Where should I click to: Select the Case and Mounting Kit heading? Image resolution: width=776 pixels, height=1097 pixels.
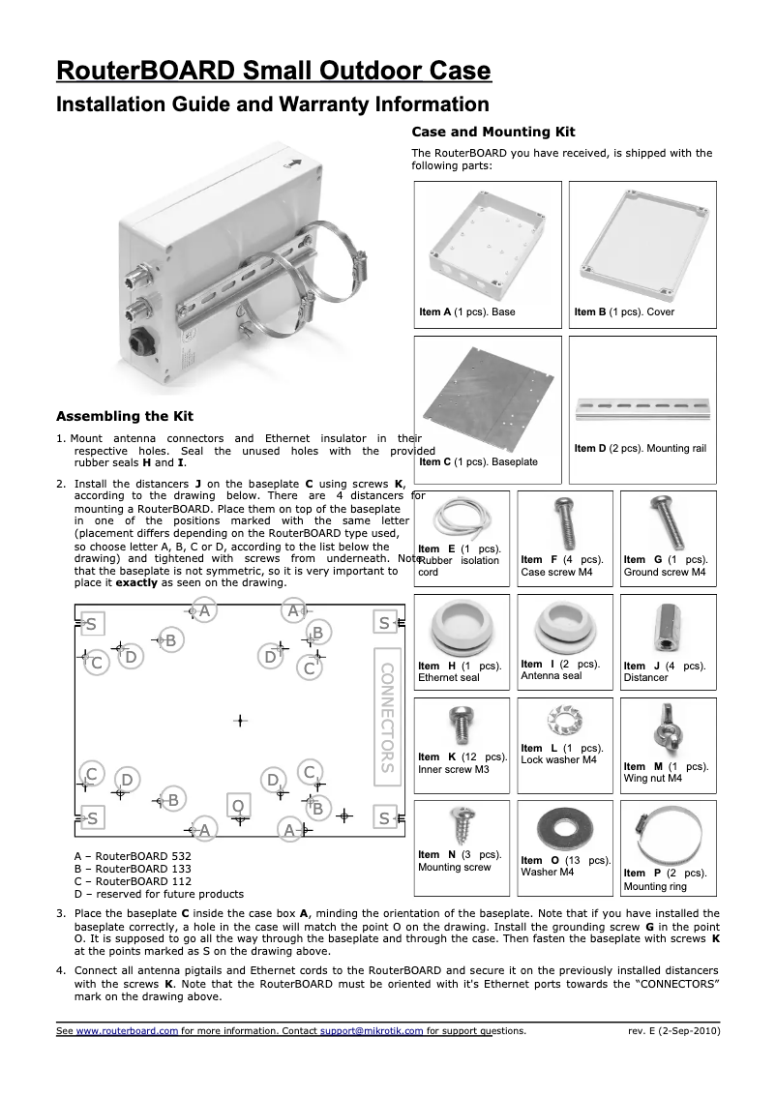493,132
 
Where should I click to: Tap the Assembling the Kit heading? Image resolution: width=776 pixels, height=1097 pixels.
125,417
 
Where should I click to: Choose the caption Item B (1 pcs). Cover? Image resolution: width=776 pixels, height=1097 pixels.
624,312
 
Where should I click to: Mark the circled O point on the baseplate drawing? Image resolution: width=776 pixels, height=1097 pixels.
237,805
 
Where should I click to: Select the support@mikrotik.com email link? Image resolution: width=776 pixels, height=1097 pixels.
372,1031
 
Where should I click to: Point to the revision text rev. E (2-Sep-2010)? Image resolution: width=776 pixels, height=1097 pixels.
673,1031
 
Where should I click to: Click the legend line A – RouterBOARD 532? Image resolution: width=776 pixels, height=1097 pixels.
133,857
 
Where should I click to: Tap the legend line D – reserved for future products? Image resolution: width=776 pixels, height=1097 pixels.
159,894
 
